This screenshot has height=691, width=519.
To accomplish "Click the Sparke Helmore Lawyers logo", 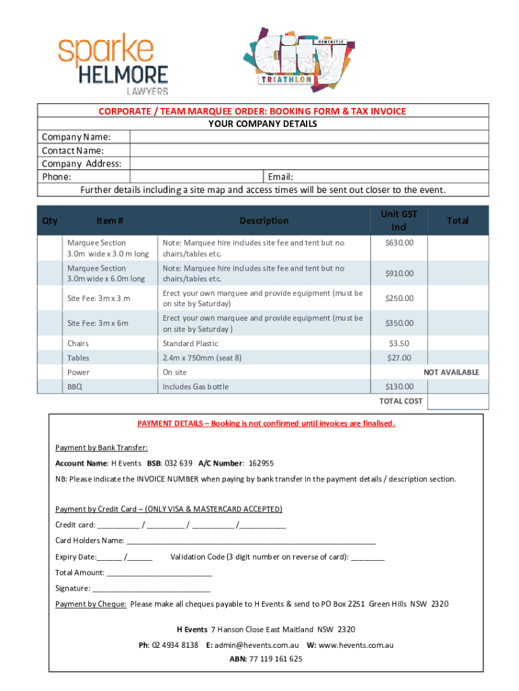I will (113, 65).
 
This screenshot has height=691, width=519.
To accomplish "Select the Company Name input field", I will (309, 137).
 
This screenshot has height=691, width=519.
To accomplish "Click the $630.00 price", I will (399, 243).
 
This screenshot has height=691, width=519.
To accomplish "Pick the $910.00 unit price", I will (399, 273).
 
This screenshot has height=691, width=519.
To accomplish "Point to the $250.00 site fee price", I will (399, 298).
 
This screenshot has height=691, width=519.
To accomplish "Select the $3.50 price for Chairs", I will (399, 343).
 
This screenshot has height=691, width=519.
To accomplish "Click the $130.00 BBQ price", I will (399, 387).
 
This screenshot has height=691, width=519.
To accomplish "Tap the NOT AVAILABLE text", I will (451, 372).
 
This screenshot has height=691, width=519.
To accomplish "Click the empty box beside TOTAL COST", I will (458, 401).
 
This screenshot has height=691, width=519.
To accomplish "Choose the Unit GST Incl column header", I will (399, 221).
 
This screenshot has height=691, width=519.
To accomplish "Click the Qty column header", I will (50, 221).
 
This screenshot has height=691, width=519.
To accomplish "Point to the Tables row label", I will (78, 358).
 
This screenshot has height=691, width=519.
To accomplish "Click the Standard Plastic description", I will (190, 343).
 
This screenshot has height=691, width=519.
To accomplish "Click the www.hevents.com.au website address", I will (356, 645).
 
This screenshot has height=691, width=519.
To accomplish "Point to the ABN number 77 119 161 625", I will (276, 659).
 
